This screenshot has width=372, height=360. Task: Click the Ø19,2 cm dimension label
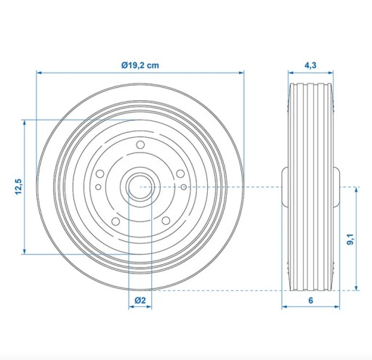point(140,65)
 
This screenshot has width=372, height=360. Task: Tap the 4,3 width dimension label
point(310,65)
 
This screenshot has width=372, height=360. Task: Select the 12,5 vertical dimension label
point(18,187)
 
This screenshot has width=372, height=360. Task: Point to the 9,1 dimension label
point(350,240)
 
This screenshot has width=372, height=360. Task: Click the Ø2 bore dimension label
point(140,300)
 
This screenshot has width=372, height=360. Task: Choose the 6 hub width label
point(311,300)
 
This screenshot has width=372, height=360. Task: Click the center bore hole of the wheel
point(140,187)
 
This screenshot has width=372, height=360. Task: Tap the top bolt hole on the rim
point(140,145)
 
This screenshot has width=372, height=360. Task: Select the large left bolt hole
point(100,173)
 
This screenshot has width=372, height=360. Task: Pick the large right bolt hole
point(180,173)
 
